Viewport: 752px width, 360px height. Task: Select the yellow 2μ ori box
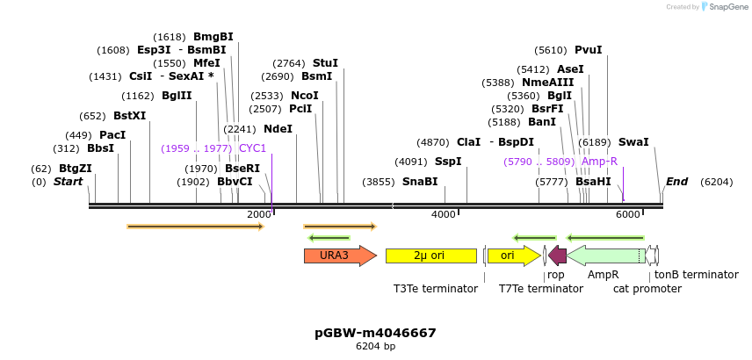click(x=430, y=256)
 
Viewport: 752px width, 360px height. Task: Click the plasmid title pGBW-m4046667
click(x=375, y=333)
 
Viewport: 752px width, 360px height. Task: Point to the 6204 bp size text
click(x=375, y=347)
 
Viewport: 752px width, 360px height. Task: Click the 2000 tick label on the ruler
click(x=258, y=214)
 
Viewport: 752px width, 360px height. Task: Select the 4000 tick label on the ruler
click(x=444, y=214)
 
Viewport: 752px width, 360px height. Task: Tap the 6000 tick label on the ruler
click(x=627, y=214)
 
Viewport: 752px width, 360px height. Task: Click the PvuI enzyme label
click(x=588, y=50)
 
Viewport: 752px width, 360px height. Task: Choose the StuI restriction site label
click(x=325, y=63)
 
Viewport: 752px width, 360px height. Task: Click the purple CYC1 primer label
click(x=252, y=148)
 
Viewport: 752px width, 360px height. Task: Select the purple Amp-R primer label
click(x=599, y=162)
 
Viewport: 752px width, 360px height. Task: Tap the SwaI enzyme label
click(x=633, y=141)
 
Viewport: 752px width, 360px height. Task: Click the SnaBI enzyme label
click(x=420, y=182)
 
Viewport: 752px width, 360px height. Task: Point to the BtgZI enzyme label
click(x=76, y=169)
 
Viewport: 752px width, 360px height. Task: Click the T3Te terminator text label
click(x=436, y=288)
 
